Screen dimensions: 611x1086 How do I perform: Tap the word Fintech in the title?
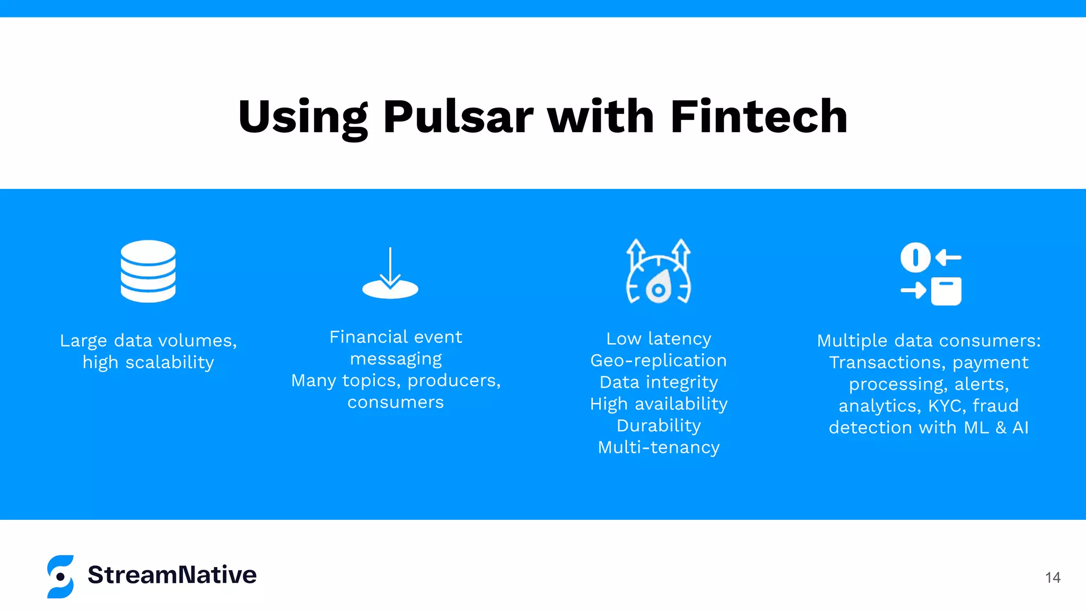(x=759, y=117)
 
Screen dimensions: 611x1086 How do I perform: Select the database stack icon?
(x=148, y=271)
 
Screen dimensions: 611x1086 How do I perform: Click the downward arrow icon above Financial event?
(x=390, y=273)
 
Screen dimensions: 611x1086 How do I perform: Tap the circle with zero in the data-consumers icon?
(x=915, y=258)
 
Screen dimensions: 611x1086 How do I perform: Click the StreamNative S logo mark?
(x=60, y=577)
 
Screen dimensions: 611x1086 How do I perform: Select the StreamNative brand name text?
(x=172, y=575)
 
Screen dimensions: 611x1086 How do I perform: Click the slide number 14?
(x=1053, y=578)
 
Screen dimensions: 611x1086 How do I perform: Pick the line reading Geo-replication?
(x=659, y=361)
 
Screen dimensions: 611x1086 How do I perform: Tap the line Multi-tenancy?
(x=659, y=448)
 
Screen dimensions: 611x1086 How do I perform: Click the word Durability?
(x=659, y=426)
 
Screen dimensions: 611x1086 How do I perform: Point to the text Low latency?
(x=659, y=339)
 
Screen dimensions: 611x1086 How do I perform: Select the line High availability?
(x=659, y=404)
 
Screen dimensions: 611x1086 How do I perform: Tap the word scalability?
(x=170, y=362)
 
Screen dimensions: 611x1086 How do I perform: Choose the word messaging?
(x=396, y=359)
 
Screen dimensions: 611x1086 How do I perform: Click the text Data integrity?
(x=659, y=382)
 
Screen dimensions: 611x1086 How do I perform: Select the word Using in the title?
(x=303, y=117)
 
